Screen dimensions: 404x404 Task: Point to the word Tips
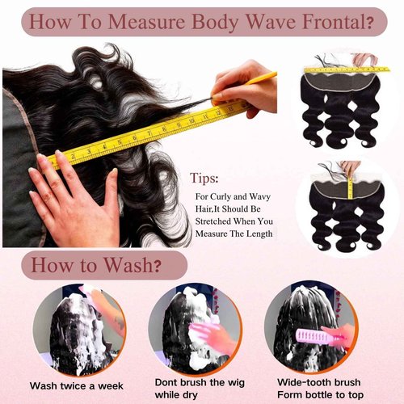pyautogui.click(x=205, y=176)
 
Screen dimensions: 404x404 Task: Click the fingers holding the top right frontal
pyautogui.click(x=366, y=59)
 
